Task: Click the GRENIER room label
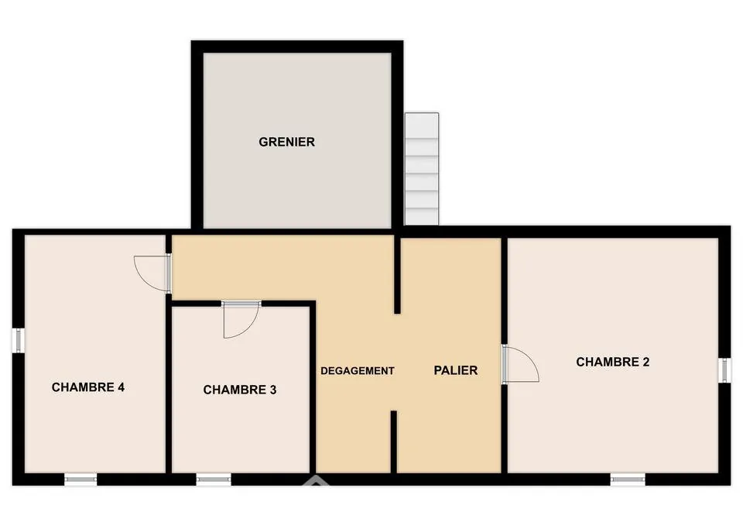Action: [x=286, y=142]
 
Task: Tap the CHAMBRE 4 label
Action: [x=88, y=387]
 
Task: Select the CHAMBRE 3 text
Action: [x=240, y=390]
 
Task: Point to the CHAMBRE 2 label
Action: [x=613, y=362]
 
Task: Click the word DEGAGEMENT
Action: [x=358, y=370]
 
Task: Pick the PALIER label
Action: [x=455, y=370]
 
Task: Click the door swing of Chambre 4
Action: [x=152, y=273]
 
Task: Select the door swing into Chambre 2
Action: [x=521, y=364]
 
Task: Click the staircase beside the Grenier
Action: [x=422, y=169]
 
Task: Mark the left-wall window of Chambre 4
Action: [x=18, y=341]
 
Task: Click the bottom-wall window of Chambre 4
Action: [x=80, y=480]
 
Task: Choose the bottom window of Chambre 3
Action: [x=214, y=480]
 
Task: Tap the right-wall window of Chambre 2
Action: [x=725, y=370]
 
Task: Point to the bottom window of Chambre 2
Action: [x=628, y=480]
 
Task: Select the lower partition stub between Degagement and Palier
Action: [x=393, y=442]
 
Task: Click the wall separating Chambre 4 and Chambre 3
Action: [x=168, y=387]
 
